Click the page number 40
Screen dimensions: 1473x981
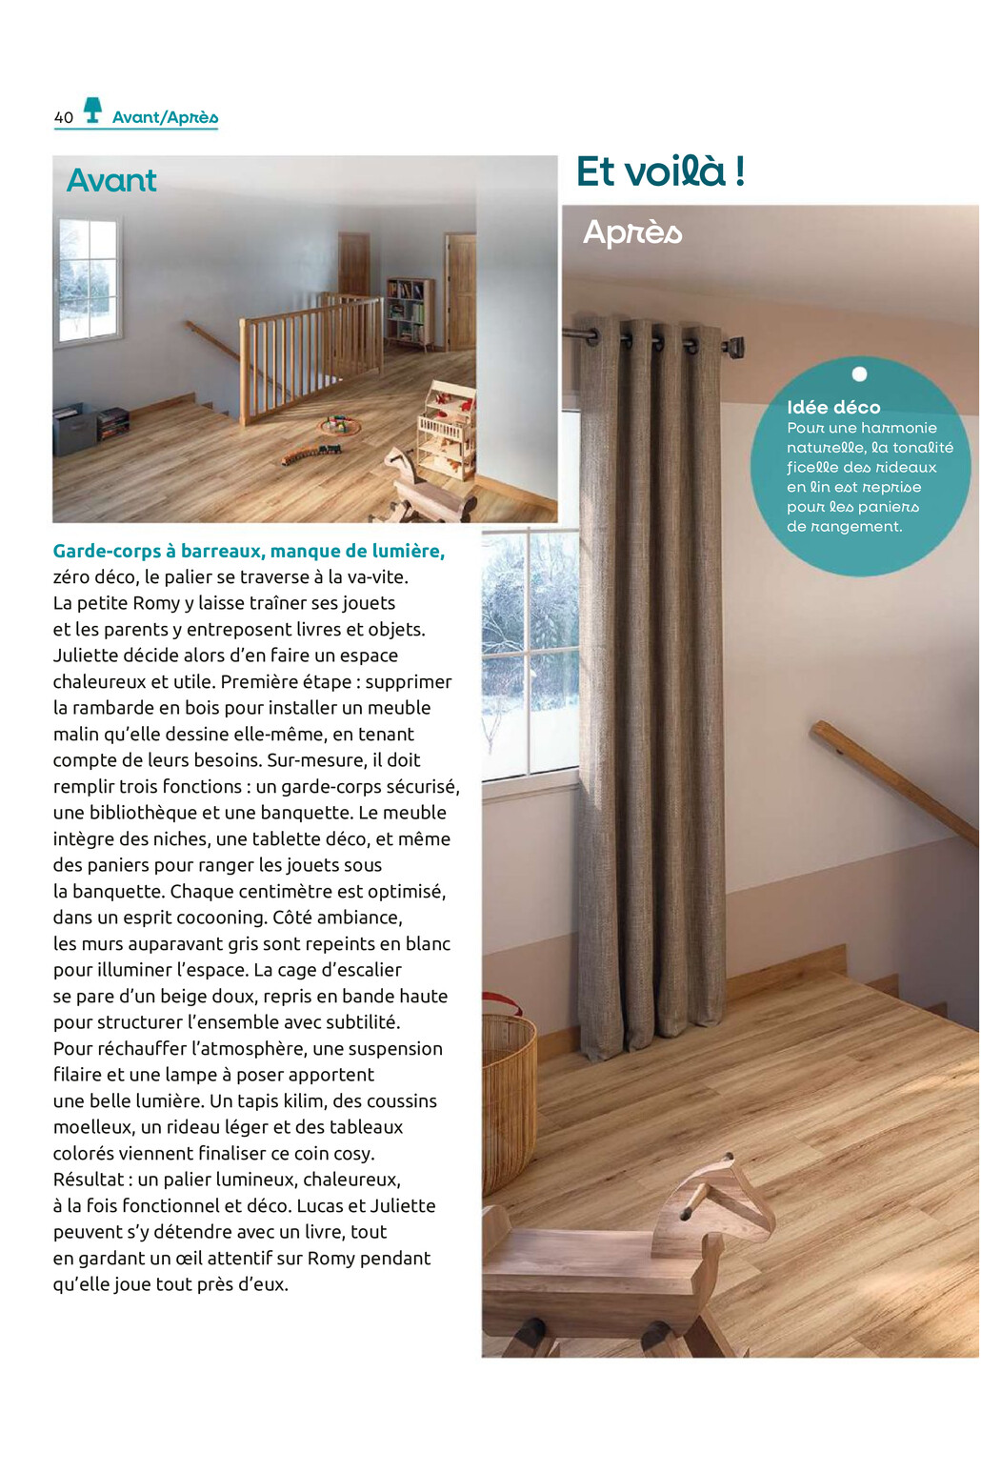click(x=64, y=117)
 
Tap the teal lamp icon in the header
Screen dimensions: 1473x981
click(x=92, y=110)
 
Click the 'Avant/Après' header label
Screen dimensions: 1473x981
click(x=165, y=117)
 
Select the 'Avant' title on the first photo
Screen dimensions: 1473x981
click(x=111, y=180)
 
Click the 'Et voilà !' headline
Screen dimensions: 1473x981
click(x=660, y=172)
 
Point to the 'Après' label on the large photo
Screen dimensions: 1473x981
click(x=632, y=232)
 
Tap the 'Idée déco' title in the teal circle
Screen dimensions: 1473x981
click(x=833, y=407)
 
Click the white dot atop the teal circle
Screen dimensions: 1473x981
click(x=859, y=373)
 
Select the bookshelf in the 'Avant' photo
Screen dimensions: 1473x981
click(x=410, y=313)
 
